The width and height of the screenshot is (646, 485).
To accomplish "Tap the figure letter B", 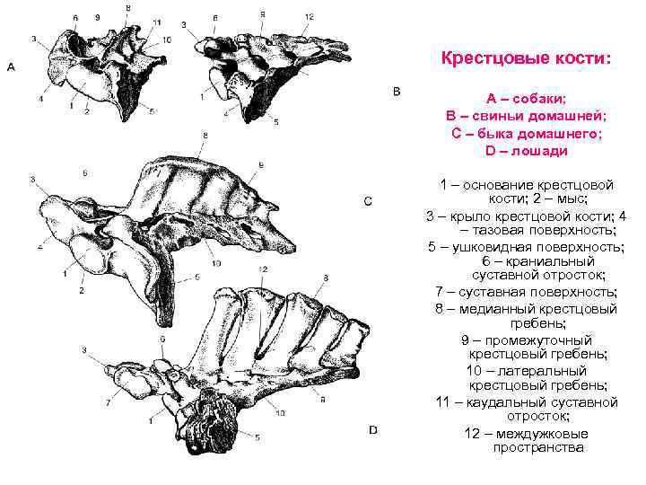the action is [398, 91].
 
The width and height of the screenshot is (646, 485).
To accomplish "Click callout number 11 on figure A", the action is [158, 21].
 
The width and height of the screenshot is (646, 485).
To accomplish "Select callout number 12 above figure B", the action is [309, 17].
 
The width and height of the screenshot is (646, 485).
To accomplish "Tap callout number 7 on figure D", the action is [108, 401].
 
